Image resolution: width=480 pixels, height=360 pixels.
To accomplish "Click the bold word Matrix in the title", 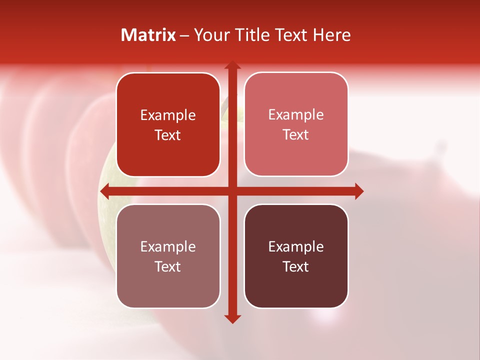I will [x=148, y=35].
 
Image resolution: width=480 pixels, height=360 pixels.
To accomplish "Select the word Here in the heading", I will [x=331, y=35].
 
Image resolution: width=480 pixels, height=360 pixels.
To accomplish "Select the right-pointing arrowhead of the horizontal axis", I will [x=359, y=191].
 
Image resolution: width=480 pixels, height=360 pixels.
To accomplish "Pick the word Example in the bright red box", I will [x=168, y=115].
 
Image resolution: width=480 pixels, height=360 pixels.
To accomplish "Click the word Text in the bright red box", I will [x=168, y=135].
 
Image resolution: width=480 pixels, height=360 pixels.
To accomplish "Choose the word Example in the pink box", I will [x=296, y=115].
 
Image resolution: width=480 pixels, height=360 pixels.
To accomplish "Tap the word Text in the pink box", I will [x=296, y=135].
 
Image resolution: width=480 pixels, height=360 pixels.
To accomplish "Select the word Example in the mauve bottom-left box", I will [x=168, y=247].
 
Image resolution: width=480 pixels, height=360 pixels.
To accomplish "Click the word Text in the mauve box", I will [x=168, y=267].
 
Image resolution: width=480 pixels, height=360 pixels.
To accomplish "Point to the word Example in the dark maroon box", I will [x=296, y=247].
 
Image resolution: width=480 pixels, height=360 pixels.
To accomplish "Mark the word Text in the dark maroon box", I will [x=296, y=267].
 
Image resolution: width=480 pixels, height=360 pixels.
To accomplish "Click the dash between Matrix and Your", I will [x=184, y=35].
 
